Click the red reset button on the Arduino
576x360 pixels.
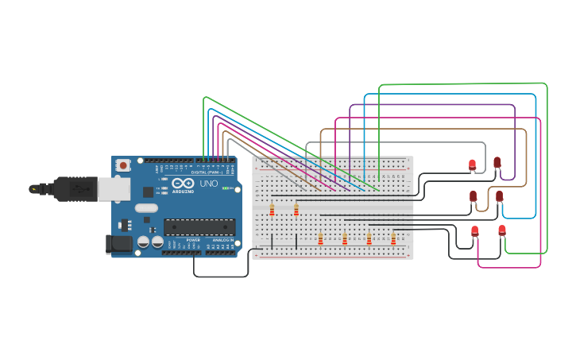123,165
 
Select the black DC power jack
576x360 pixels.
117,244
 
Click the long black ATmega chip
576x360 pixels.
199,227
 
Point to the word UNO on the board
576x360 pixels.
209,184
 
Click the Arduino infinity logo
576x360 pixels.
182,183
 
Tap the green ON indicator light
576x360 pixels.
226,188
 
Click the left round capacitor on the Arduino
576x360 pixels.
143,241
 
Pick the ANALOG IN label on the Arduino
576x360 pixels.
222,238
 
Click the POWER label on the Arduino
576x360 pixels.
193,238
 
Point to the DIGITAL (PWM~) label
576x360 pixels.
209,172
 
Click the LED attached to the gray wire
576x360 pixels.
472,165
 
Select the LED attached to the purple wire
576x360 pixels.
497,162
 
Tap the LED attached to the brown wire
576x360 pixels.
474,195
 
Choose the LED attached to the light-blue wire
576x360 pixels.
499,195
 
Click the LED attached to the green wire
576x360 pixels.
502,230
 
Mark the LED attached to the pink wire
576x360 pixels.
475,231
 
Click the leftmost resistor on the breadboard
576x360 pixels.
272,210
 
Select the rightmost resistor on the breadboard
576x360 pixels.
392,238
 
